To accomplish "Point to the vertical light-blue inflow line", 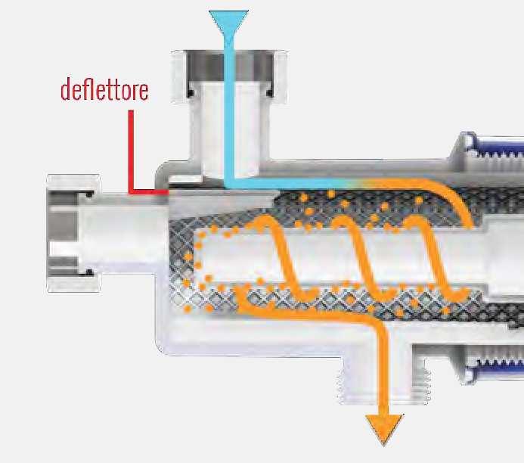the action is [x=228, y=113].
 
